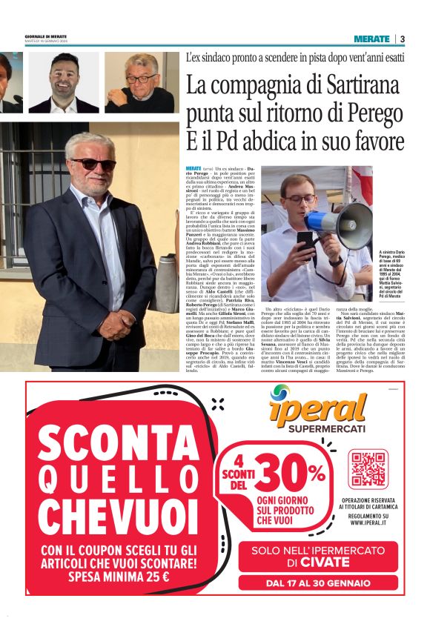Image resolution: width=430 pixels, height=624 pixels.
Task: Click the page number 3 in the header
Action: [402, 39]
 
